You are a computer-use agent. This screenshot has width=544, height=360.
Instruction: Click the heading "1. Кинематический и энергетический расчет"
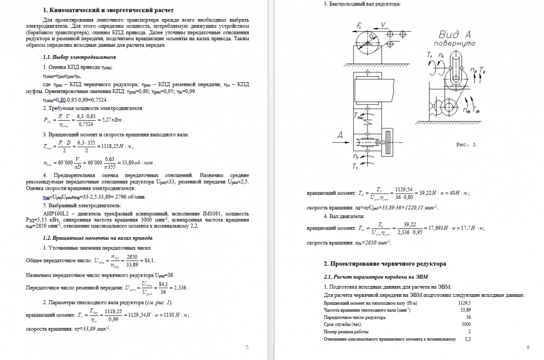point(108,10)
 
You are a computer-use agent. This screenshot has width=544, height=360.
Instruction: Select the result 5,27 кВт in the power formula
point(114,120)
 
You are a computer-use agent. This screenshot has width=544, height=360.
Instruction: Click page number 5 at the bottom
point(247,347)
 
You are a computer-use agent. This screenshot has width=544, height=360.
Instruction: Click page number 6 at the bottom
point(528,347)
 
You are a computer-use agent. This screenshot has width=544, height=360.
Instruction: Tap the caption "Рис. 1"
point(465,145)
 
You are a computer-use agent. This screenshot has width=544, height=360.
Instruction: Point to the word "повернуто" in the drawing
point(452,44)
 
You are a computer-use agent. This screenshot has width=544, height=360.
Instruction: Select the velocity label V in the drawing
point(384,23)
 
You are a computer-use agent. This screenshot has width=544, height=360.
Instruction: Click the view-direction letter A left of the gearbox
point(340,134)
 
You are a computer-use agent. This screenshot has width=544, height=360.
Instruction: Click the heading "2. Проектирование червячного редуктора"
point(385,263)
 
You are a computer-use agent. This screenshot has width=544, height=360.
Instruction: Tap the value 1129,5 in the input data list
point(465,302)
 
